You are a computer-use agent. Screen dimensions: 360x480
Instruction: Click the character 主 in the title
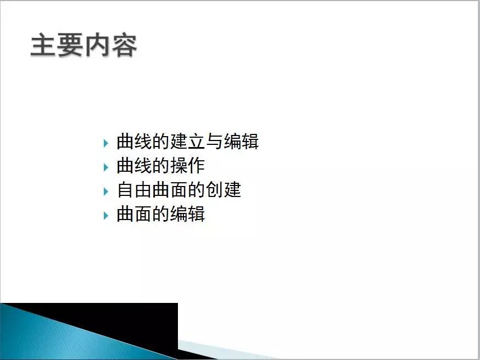[43, 46]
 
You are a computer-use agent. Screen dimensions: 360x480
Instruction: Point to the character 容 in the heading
[124, 46]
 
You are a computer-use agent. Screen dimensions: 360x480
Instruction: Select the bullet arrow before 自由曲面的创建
[106, 191]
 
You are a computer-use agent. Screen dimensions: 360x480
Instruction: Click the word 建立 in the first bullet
[188, 142]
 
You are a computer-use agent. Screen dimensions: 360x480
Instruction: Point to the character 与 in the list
[215, 142]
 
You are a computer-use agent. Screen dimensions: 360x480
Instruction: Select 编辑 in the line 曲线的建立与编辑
[241, 142]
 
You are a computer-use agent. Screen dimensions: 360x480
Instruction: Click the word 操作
[188, 166]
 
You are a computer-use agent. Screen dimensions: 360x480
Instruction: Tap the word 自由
[135, 190]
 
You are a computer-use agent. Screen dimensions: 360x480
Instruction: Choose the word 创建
[224, 190]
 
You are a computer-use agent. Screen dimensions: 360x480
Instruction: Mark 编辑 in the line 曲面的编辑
[188, 214]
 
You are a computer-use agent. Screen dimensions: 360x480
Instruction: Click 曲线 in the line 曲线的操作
[135, 166]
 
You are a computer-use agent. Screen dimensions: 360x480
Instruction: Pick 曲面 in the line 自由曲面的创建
[170, 190]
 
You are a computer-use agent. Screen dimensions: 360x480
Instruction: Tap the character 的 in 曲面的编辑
[161, 214]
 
